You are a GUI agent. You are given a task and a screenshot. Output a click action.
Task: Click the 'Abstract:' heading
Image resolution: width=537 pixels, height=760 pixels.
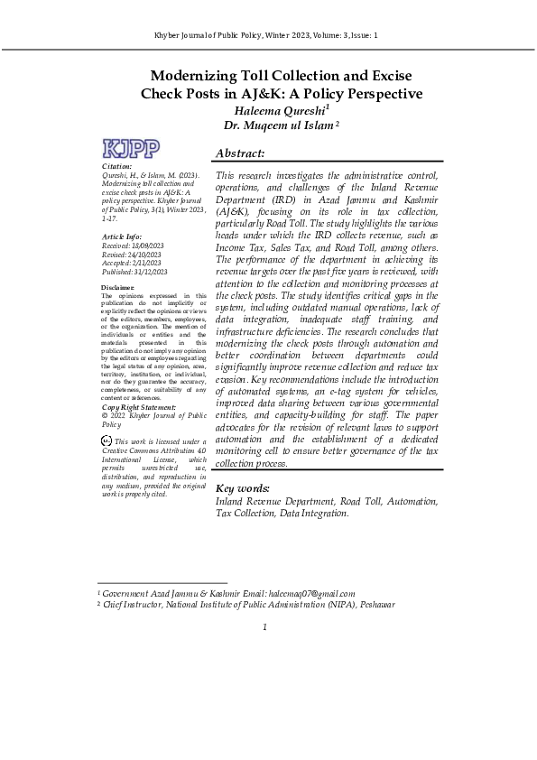coord(240,153)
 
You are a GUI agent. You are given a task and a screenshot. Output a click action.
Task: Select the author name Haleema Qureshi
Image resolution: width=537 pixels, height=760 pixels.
coord(281,110)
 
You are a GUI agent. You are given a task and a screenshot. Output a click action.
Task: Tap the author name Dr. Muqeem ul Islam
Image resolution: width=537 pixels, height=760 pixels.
coord(278,125)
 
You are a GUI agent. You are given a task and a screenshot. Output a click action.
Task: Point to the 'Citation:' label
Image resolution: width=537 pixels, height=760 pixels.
coord(117,166)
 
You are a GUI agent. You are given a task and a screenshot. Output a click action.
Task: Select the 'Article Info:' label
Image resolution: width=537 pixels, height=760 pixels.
coord(122,236)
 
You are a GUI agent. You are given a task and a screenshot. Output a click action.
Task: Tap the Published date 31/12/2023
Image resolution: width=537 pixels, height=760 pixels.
coord(149,272)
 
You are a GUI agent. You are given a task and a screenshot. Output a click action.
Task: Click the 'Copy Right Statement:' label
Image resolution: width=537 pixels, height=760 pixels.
coord(138,407)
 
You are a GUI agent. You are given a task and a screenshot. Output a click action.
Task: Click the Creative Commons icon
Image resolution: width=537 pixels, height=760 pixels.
coord(107,440)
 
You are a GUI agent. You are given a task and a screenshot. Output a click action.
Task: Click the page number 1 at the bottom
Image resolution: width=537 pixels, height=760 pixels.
coord(264,627)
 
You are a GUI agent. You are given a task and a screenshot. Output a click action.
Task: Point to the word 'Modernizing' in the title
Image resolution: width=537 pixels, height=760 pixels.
coord(201,76)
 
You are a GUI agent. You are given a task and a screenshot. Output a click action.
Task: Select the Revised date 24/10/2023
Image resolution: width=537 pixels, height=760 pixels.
coord(144,254)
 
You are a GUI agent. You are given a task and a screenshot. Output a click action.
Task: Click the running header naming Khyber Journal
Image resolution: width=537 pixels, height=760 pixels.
coord(268,35)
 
